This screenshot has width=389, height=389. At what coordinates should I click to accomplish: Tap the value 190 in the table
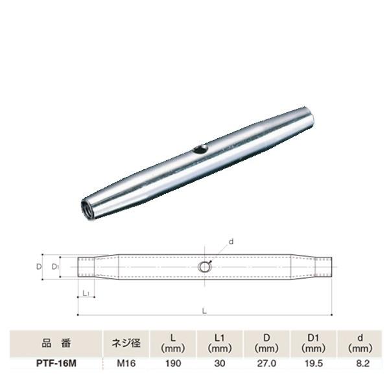(x=173, y=365)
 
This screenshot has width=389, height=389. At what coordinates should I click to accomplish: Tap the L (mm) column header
(x=173, y=342)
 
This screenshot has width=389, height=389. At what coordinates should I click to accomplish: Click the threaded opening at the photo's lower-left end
(x=86, y=210)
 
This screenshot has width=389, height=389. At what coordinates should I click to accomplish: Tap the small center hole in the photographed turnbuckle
(x=200, y=150)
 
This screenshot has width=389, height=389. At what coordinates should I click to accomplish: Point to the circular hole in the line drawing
(x=205, y=266)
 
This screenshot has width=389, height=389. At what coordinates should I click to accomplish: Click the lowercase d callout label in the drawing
(x=231, y=242)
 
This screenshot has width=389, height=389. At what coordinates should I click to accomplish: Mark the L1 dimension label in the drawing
(x=87, y=294)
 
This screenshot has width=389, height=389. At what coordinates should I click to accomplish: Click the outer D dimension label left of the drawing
(x=39, y=266)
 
